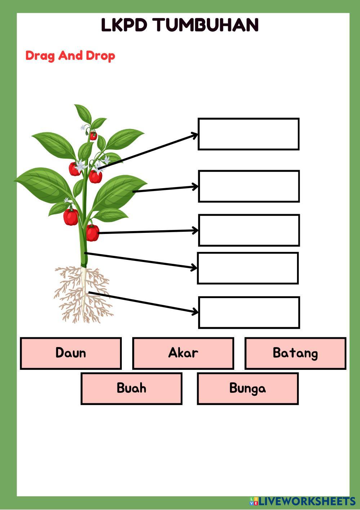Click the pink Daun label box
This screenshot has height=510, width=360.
71,353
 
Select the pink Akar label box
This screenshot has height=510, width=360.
183,353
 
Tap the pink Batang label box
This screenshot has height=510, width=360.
295,353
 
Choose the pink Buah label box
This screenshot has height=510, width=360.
131,389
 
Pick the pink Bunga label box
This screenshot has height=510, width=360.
248,389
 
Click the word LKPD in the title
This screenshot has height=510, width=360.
124,25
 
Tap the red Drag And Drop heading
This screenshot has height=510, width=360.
70,56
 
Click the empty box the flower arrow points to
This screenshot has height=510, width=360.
248,134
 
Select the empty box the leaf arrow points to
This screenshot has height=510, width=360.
249,186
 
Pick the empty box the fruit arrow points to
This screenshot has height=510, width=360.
249,230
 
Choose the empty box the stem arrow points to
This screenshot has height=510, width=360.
248,268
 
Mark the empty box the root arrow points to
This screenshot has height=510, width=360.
249,312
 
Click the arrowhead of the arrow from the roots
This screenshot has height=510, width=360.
196,311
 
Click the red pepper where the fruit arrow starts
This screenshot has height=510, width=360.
92,233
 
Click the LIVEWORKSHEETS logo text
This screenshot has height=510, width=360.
307,501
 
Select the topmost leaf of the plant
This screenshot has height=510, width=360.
83,113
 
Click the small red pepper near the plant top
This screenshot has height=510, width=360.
93,136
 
